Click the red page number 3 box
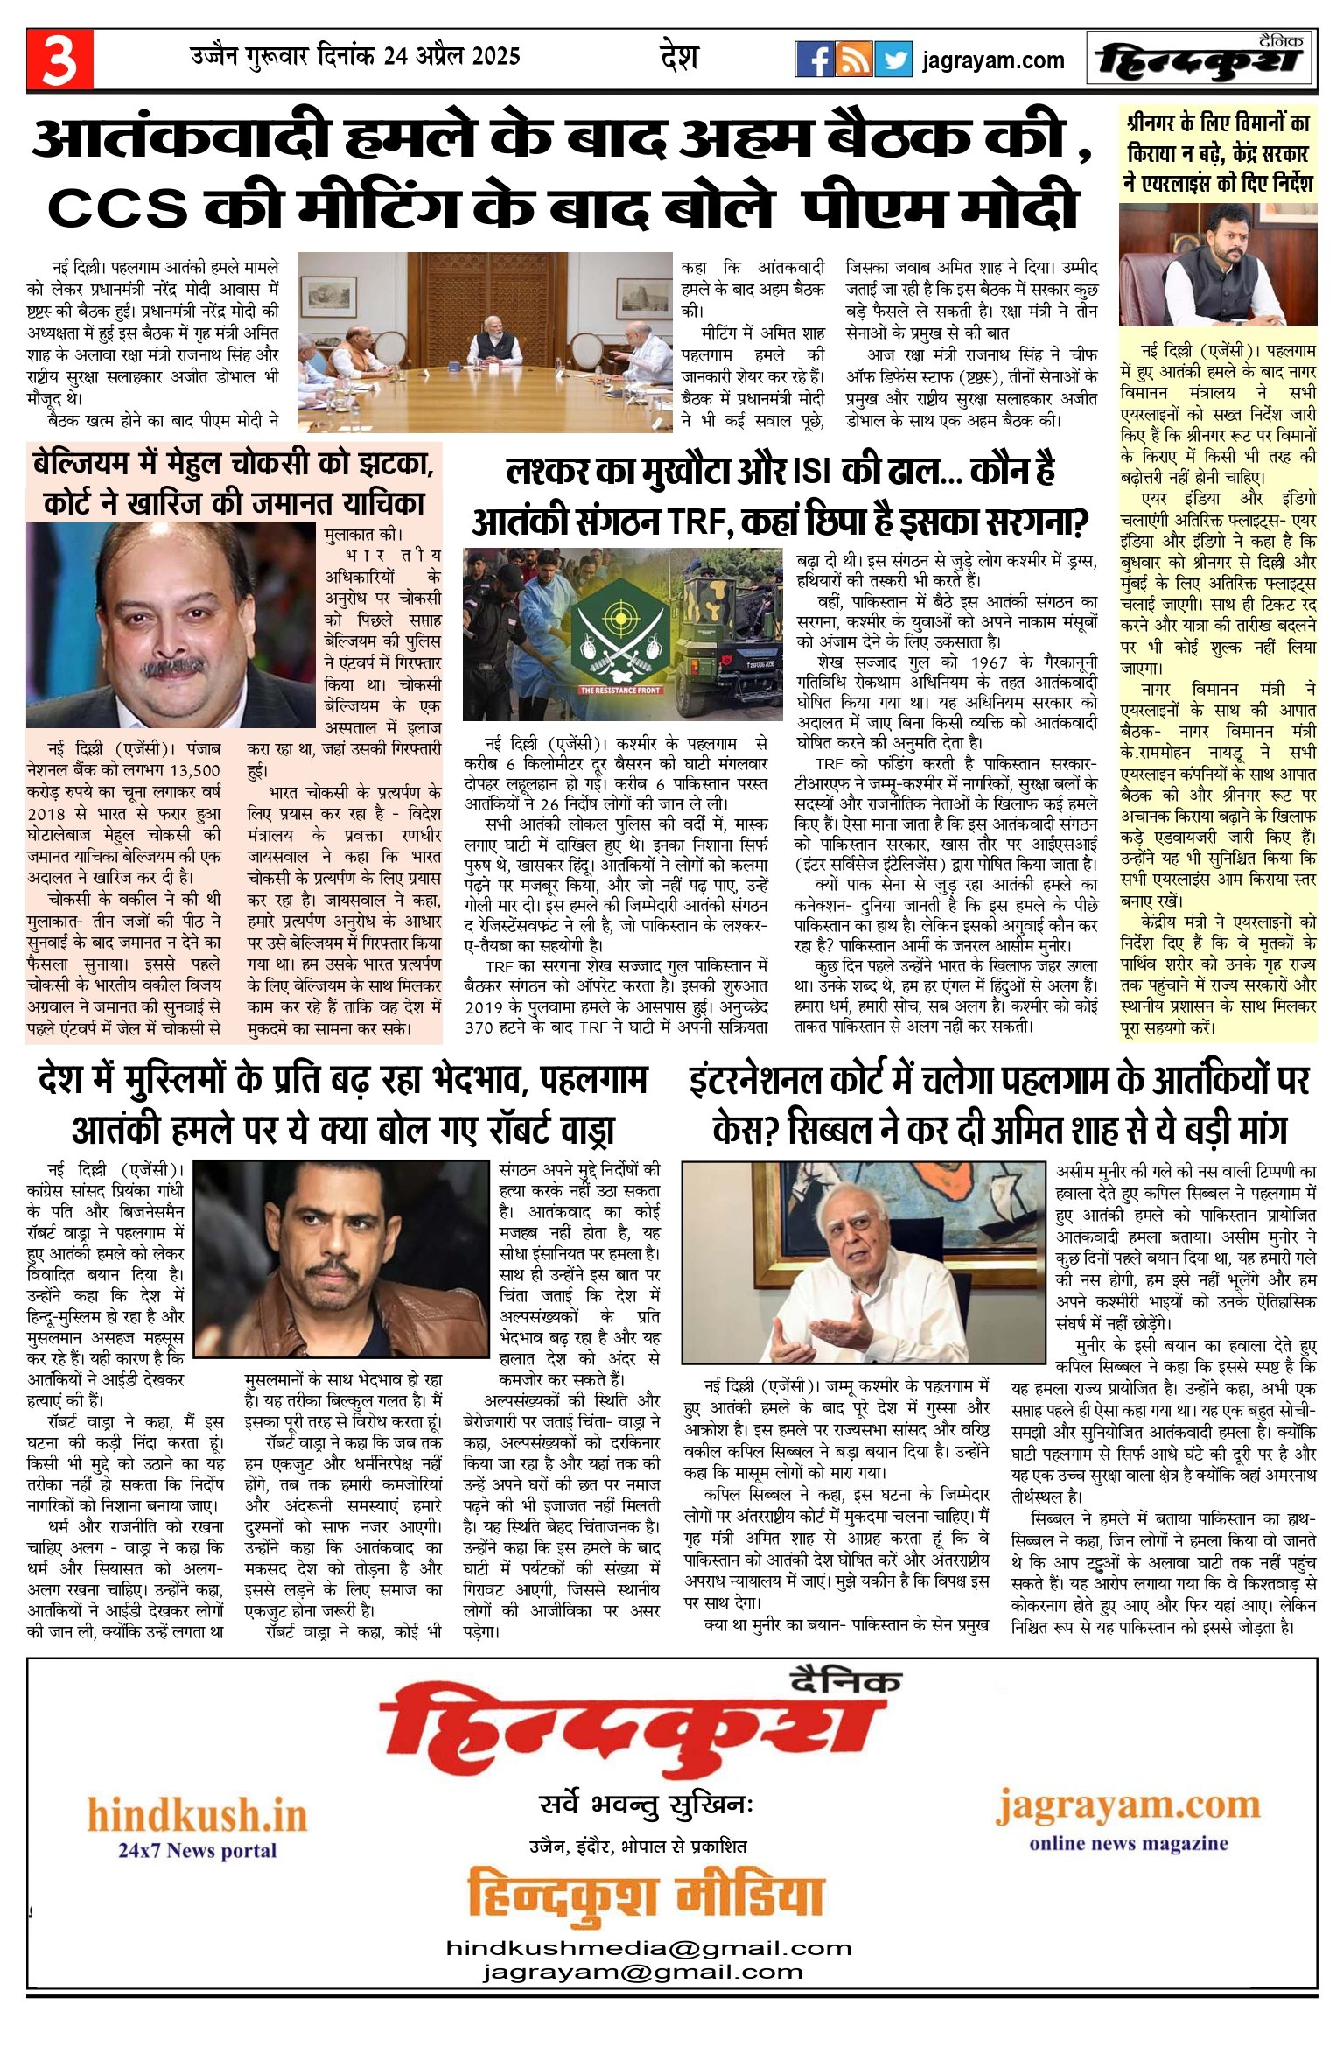tap(59, 59)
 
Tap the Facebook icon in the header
tap(814, 59)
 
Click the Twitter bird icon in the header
tap(893, 59)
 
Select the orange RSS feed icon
tap(853, 59)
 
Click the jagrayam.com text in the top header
tap(993, 60)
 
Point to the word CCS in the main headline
tap(118, 207)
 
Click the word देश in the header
tap(679, 57)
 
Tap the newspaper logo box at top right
tap(1200, 59)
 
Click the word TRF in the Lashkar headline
tap(700, 522)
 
